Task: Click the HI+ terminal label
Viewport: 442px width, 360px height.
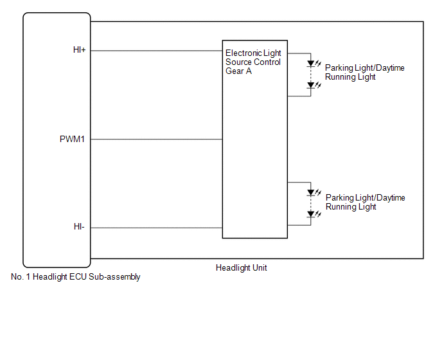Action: coord(79,50)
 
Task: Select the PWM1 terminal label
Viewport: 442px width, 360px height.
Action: coord(72,139)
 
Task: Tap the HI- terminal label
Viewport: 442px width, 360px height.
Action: coord(79,226)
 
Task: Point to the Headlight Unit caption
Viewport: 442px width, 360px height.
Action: coord(242,267)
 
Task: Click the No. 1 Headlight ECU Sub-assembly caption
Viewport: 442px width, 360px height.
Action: coord(76,277)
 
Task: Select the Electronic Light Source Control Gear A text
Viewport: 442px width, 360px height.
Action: coord(253,62)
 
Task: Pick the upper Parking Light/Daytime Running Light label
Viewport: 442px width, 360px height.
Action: coord(365,72)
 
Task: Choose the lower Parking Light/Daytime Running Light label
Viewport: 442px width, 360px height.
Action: coord(366,202)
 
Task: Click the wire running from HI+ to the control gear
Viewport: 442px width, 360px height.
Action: coord(157,51)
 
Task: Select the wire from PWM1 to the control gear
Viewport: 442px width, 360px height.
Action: coord(157,139)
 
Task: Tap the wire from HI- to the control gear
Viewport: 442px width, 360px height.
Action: coord(157,228)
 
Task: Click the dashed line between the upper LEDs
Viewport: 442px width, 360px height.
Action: coord(311,75)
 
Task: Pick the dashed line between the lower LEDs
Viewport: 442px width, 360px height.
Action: coord(311,204)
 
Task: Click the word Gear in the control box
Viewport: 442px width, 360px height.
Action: coord(234,71)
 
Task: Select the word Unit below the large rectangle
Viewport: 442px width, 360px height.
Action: coord(260,267)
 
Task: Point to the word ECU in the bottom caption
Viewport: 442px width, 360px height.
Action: coord(78,277)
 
